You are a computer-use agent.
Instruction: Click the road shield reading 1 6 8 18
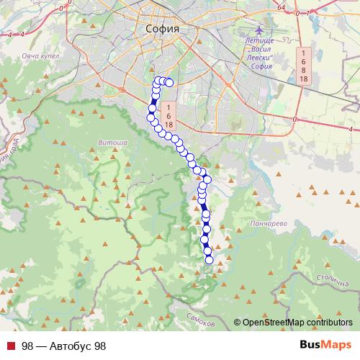(304, 66)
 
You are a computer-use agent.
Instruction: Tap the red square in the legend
(10, 346)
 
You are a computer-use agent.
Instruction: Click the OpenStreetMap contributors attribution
(297, 323)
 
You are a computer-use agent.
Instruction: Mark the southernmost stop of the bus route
(210, 260)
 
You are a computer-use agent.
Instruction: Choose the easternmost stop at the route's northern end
(169, 83)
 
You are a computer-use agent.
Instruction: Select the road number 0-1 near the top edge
(302, 13)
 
